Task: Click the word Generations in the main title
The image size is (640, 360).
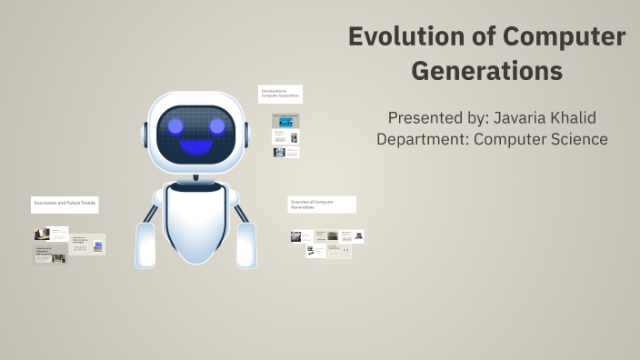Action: click(487, 70)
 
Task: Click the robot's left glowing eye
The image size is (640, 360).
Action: click(175, 125)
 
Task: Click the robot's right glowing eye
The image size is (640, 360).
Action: click(217, 125)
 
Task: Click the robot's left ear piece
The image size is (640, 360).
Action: click(144, 133)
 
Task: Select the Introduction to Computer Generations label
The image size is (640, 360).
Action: click(280, 94)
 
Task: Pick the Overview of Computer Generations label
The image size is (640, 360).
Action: click(322, 205)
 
